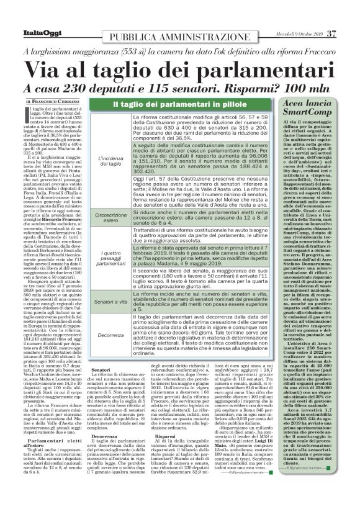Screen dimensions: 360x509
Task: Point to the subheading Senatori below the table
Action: pos(101,371)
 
